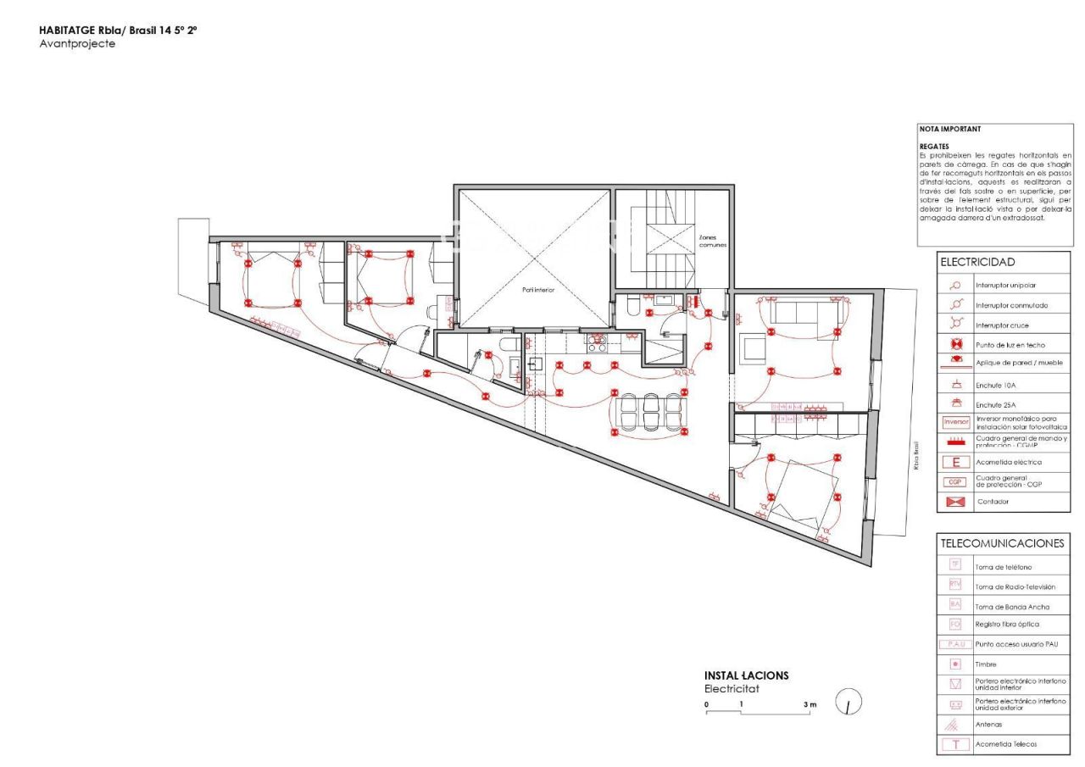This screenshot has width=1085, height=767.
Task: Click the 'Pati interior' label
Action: coord(538,290)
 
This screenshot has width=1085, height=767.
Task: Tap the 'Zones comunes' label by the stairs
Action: coord(712,241)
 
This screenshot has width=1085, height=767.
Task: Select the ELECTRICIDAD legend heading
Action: coord(976,263)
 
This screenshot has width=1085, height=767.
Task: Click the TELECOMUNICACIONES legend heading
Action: coord(1002,543)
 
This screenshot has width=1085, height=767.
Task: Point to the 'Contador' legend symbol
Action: coord(955,502)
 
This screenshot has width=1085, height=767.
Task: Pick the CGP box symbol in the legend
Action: coord(955,482)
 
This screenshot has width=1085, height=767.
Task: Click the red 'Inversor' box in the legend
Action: coord(955,422)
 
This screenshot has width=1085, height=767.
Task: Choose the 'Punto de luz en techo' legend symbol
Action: coord(955,344)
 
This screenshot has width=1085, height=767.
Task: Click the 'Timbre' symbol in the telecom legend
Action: coord(954,664)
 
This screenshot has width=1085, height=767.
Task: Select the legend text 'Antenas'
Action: coord(988,725)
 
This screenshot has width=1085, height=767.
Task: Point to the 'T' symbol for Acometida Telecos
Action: coord(955,745)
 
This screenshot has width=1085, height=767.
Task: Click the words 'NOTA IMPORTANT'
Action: coord(950,130)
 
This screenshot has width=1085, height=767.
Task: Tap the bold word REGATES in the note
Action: coord(934,146)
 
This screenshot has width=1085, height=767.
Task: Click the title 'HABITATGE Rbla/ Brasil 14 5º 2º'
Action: coord(118,31)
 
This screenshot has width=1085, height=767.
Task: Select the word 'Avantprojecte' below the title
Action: coord(77,44)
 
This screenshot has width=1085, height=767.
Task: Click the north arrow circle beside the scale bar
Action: coord(849,703)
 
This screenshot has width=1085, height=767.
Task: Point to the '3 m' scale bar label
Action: coord(810,705)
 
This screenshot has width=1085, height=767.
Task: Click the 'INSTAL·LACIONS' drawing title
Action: coord(746,675)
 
